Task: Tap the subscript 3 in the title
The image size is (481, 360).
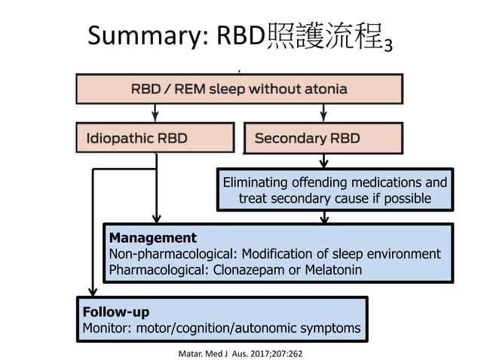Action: pos(387,44)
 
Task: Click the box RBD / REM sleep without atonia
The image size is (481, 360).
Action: pos(239,88)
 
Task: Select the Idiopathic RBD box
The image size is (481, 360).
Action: pos(156,138)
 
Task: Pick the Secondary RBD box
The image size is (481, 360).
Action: pos(323,138)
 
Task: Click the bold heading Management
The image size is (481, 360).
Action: pos(153,238)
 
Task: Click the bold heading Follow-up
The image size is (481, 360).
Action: pos(115,311)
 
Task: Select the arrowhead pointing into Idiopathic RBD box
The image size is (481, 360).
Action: pos(156,117)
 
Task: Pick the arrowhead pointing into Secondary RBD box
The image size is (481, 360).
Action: pos(323,117)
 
